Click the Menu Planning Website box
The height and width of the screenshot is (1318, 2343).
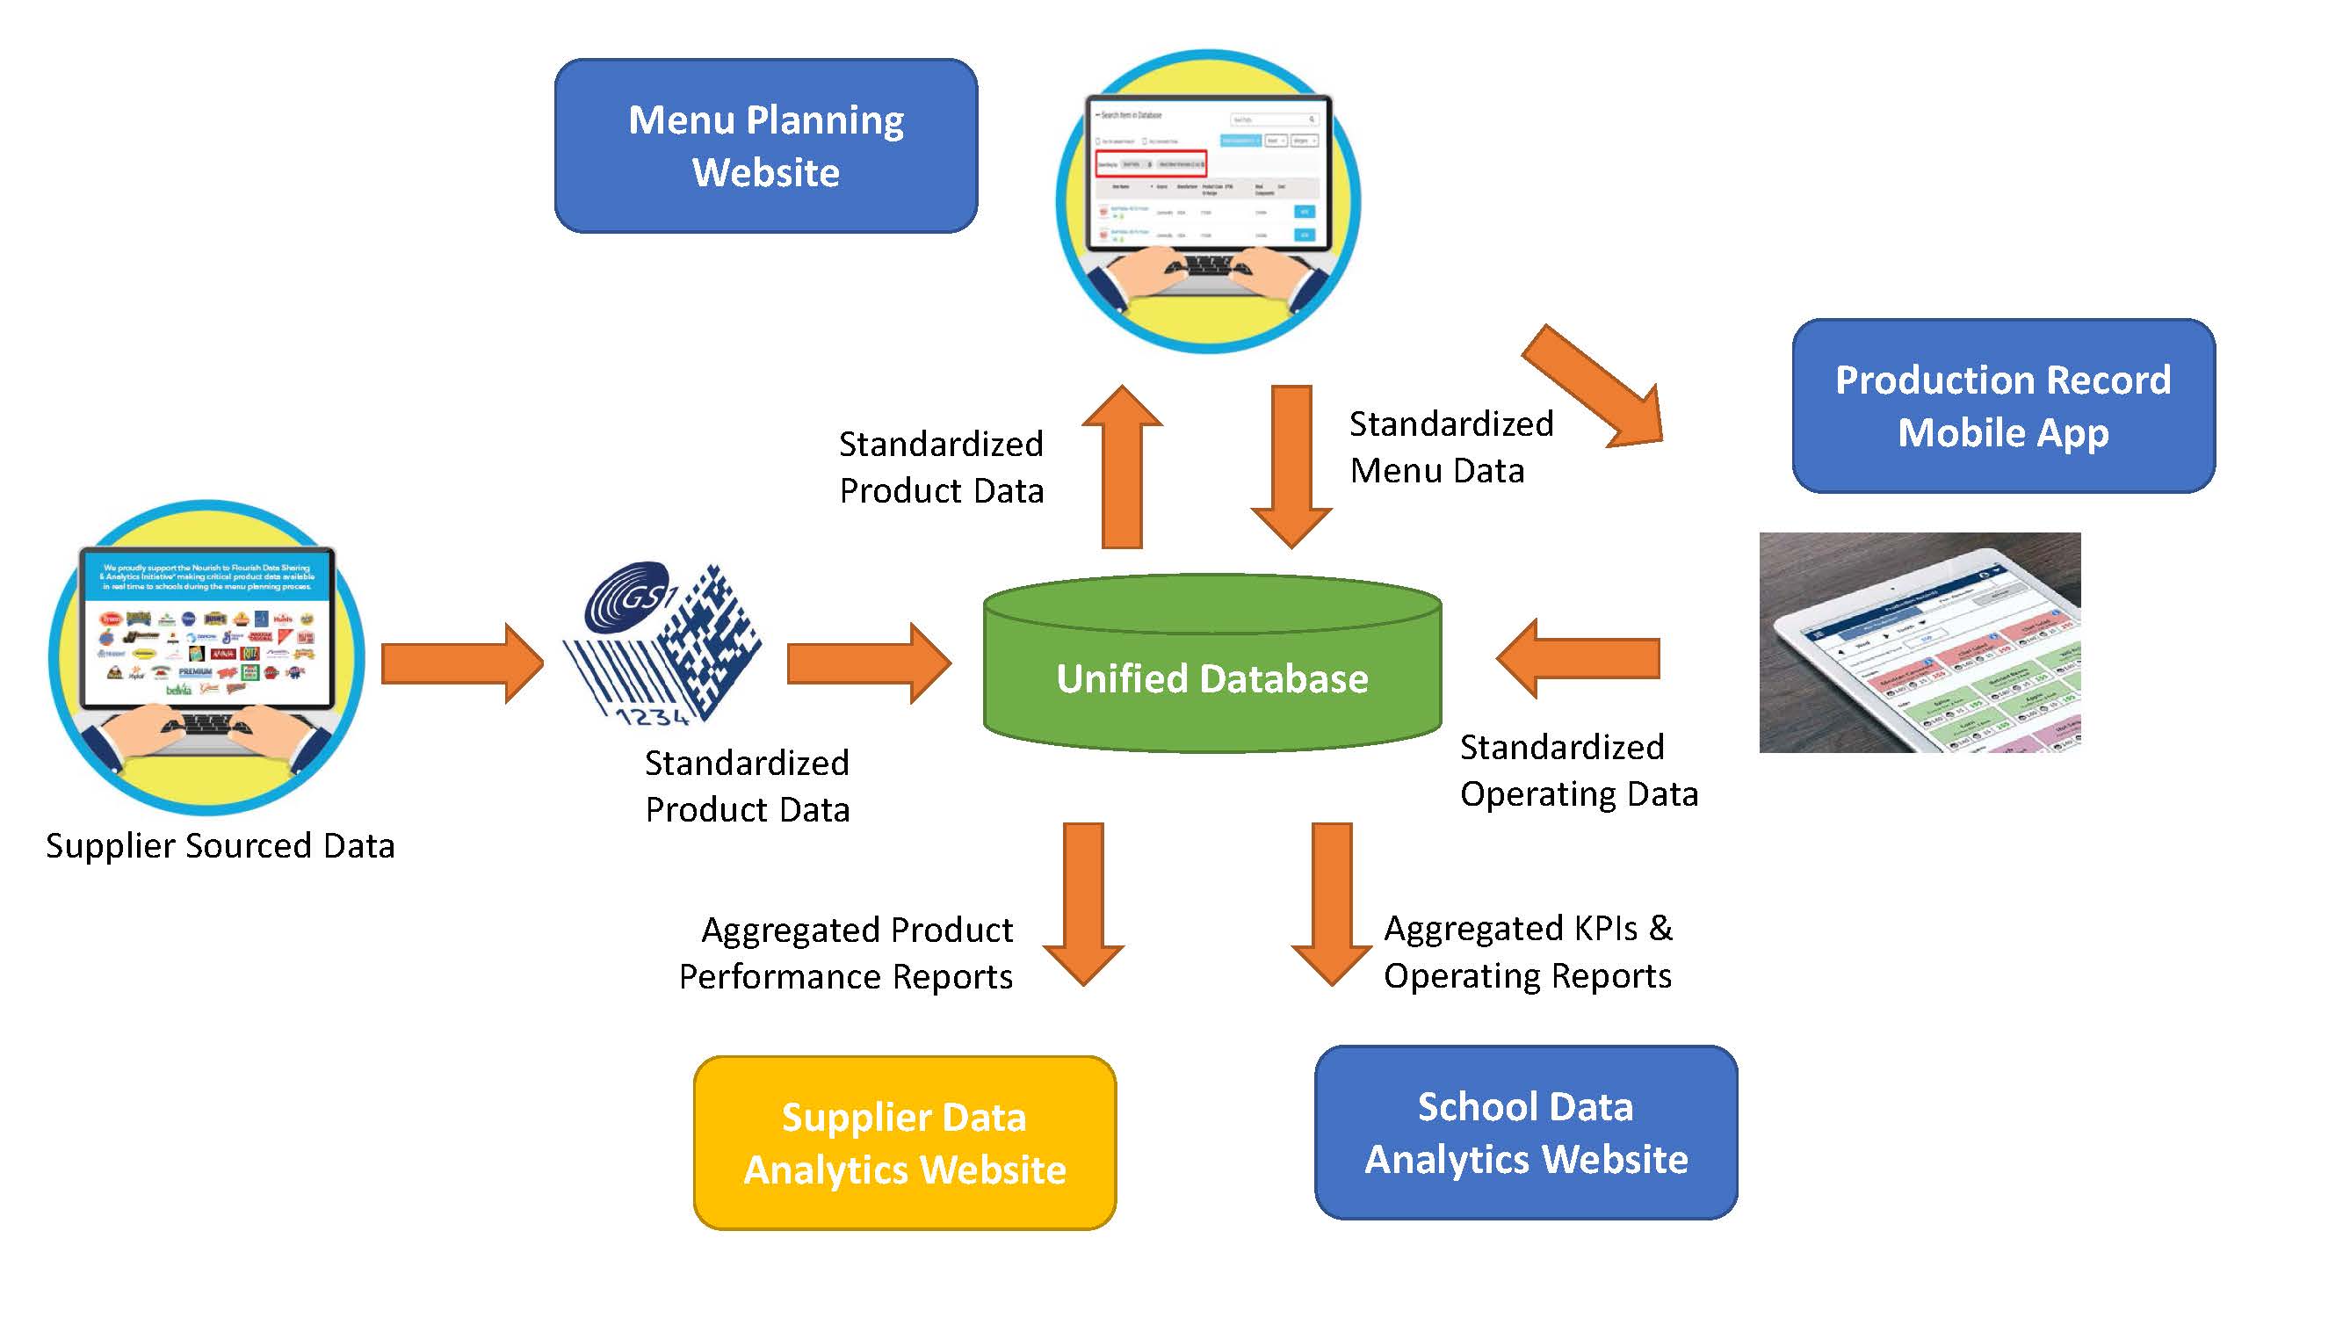click(x=766, y=146)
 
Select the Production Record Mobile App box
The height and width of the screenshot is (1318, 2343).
click(x=2003, y=406)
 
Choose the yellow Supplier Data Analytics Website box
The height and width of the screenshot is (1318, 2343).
click(x=904, y=1142)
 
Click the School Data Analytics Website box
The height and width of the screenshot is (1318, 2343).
click(x=1525, y=1133)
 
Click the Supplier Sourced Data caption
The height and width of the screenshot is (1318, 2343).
click(x=221, y=846)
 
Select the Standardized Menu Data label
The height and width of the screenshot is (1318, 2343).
click(x=1450, y=446)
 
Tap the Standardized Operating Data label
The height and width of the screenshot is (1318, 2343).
click(x=1578, y=771)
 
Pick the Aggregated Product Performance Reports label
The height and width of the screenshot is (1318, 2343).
click(x=846, y=952)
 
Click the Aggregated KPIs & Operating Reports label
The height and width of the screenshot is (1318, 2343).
click(x=1527, y=952)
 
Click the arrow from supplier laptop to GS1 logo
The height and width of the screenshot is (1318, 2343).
click(x=462, y=663)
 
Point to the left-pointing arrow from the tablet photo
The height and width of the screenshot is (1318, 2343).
click(x=1578, y=658)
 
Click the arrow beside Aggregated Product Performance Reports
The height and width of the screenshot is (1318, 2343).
click(x=1083, y=904)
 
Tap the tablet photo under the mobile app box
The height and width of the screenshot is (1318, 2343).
click(x=1920, y=642)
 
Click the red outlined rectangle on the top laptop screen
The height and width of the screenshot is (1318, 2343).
click(x=1151, y=163)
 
